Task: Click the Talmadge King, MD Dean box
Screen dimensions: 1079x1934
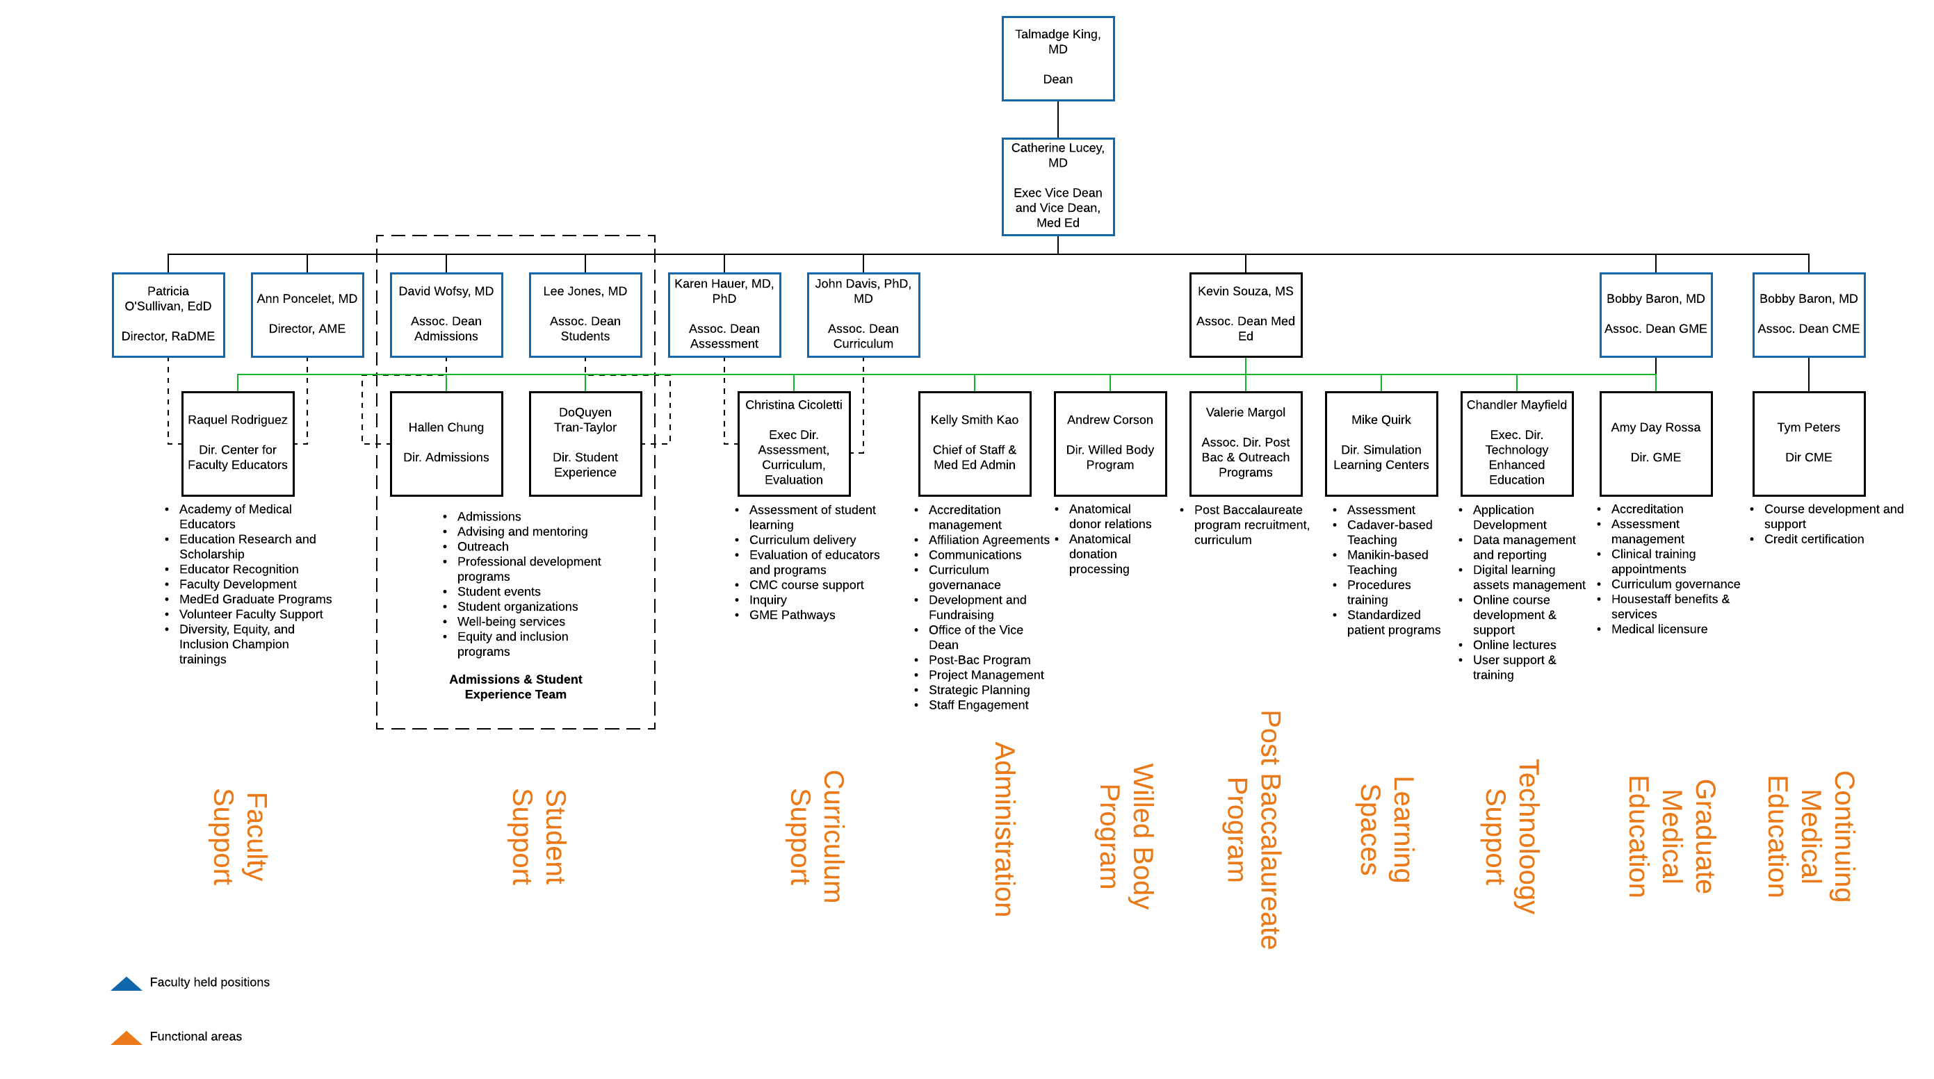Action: (x=1057, y=58)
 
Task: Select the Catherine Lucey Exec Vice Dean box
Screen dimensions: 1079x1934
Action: (x=1057, y=186)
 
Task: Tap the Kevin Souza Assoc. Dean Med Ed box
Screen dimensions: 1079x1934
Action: (x=1245, y=315)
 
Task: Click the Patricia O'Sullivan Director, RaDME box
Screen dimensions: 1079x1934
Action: (x=168, y=315)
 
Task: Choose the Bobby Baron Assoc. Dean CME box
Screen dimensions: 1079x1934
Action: (x=1808, y=315)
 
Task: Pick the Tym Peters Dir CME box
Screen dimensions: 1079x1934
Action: (x=1808, y=443)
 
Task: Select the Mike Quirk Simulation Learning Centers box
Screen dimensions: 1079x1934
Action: (x=1381, y=443)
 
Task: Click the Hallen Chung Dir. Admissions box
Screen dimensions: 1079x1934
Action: (x=446, y=443)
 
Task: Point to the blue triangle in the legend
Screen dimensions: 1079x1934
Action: (x=126, y=984)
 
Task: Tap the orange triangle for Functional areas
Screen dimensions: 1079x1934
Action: (x=126, y=1039)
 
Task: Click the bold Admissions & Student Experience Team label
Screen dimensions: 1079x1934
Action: (x=515, y=686)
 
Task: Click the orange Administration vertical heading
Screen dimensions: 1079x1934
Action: (x=1004, y=828)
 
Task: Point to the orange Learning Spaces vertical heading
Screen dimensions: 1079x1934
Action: (x=1386, y=828)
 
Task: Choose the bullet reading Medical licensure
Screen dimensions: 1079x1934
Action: (x=1659, y=629)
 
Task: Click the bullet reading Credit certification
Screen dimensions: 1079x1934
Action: (x=1813, y=539)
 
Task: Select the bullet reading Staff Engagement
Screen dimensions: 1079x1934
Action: (x=977, y=705)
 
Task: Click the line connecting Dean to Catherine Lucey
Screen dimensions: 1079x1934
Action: (x=1057, y=120)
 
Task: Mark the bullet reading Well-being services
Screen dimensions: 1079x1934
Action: (x=510, y=622)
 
